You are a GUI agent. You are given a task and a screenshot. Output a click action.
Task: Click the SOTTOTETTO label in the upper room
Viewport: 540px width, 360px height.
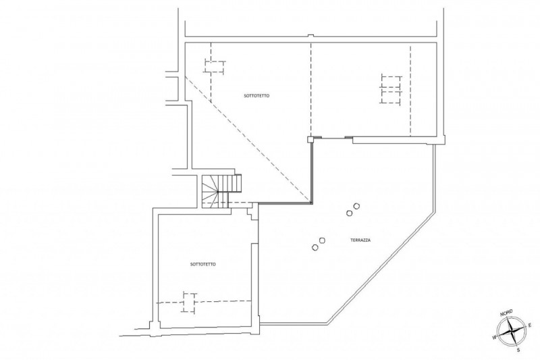[256, 96]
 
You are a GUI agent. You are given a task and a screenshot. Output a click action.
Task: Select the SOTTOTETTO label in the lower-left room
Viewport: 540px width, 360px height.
[203, 264]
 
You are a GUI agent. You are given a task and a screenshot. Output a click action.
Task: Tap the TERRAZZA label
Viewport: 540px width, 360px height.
[360, 240]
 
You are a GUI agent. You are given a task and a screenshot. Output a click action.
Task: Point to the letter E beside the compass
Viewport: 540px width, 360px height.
[530, 324]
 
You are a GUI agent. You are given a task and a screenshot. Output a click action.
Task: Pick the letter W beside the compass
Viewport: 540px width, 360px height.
[494, 336]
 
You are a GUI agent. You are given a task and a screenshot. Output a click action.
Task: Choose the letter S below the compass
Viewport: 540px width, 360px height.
[518, 350]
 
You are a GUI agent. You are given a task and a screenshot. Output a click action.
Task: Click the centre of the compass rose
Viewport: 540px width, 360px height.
[513, 331]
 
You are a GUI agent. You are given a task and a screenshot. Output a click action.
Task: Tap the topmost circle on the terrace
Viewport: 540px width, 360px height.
[357, 206]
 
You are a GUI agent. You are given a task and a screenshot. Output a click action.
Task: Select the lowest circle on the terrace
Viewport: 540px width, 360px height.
[315, 247]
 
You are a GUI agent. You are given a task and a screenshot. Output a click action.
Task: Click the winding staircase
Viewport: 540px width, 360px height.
[221, 191]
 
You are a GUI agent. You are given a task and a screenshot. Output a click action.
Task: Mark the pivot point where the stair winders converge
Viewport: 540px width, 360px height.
[217, 192]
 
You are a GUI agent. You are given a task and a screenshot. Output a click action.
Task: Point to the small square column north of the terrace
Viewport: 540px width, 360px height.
[310, 139]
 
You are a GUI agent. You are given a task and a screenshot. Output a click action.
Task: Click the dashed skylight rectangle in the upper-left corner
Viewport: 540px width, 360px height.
[215, 66]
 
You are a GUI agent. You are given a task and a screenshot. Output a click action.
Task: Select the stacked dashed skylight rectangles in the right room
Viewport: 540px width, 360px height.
[391, 89]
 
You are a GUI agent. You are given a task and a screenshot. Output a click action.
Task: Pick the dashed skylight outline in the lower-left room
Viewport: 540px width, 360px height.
[189, 303]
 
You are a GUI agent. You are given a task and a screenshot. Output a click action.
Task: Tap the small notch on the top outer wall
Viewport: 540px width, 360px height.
[310, 36]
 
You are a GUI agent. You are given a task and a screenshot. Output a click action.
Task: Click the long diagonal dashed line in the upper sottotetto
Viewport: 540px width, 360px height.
[248, 140]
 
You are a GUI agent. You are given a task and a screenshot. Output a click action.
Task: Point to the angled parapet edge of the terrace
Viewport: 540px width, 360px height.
[381, 269]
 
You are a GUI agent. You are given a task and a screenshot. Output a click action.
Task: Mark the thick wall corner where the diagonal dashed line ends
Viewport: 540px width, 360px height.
[311, 203]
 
